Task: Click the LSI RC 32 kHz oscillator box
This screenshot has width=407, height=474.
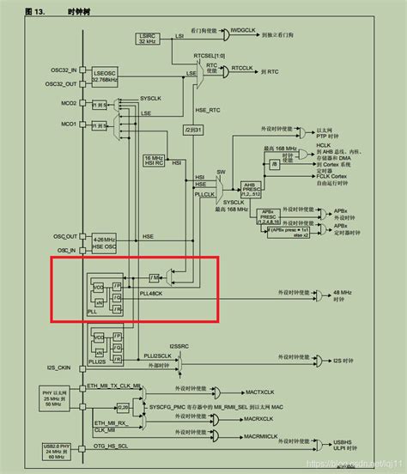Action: tap(145, 39)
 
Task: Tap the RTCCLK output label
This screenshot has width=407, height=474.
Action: tap(243, 67)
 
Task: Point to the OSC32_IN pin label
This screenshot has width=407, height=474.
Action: tap(62, 70)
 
